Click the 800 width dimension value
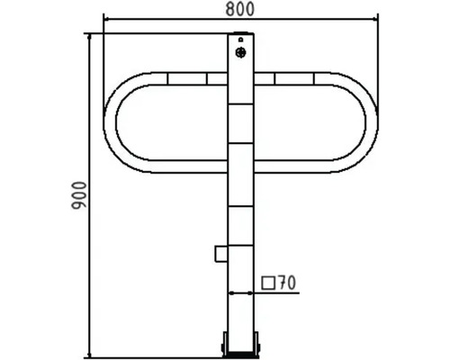(x=240, y=9)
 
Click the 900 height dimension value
(x=79, y=195)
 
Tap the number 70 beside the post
(x=287, y=283)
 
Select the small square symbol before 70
(x=268, y=283)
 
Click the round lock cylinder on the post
(x=240, y=52)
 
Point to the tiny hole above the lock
(x=240, y=40)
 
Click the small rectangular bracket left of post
(x=221, y=254)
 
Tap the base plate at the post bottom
(x=240, y=355)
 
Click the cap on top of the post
(x=240, y=32)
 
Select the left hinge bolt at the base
(x=224, y=344)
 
